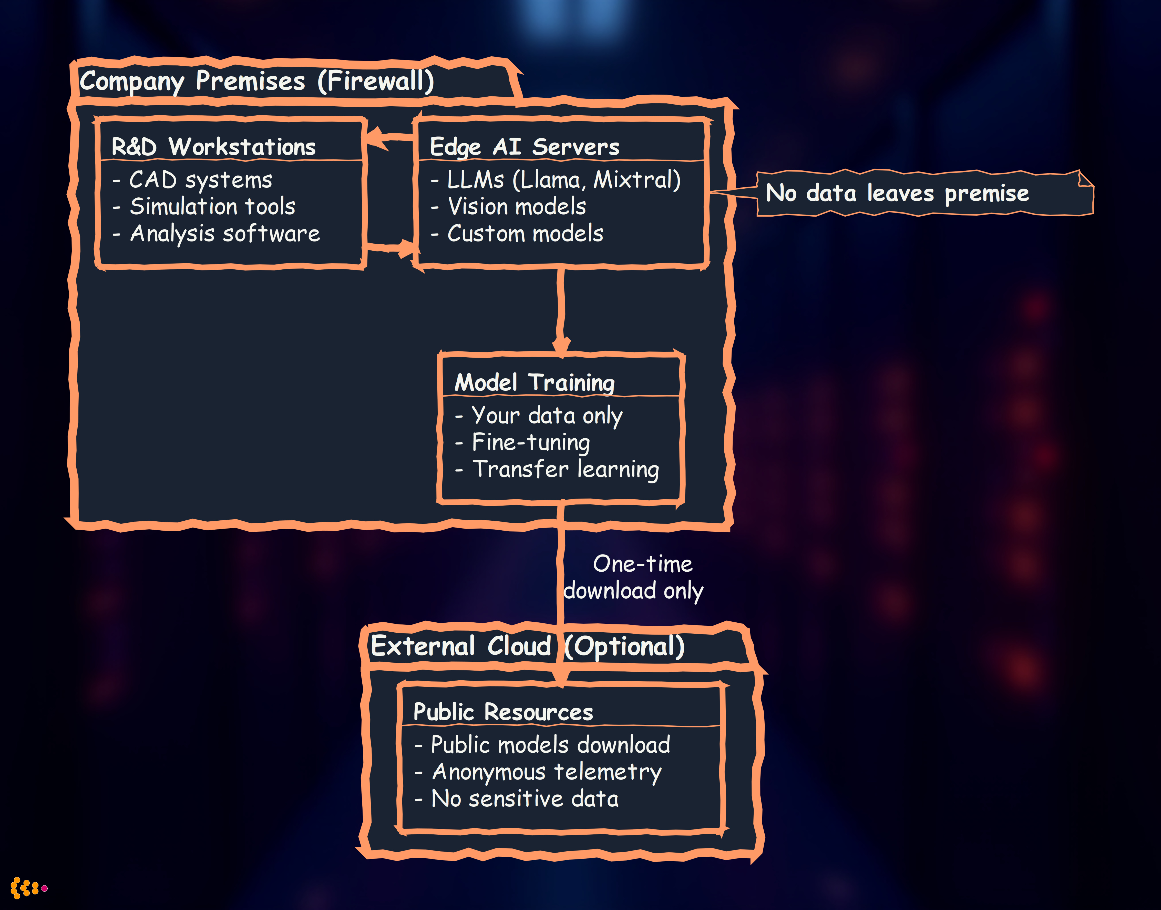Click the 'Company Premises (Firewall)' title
point(257,81)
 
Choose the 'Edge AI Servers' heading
point(525,147)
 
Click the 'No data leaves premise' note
point(897,193)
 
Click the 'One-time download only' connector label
point(634,577)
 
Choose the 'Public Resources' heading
point(503,712)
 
